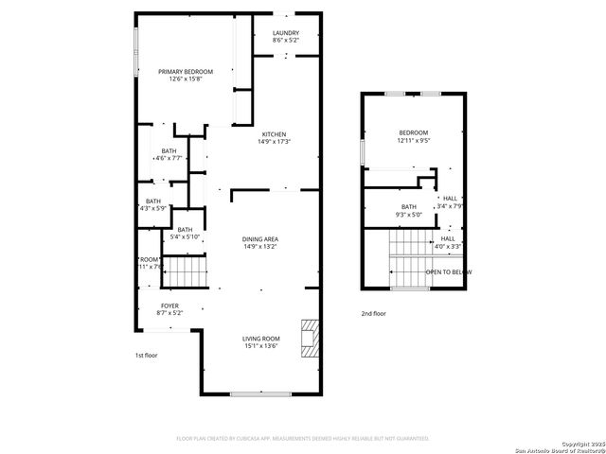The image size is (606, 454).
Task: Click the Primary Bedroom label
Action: [x=186, y=76]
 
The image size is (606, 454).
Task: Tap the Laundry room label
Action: [x=286, y=36]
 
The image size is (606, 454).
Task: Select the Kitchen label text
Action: [x=275, y=138]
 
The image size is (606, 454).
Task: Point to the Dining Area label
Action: [x=260, y=243]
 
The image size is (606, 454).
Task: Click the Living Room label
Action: [x=260, y=342]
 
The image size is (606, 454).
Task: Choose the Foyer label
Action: [x=169, y=309]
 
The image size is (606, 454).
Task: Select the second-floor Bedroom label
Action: [x=413, y=136]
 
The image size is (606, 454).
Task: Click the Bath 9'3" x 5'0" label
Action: [x=409, y=211]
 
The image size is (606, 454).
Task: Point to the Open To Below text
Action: [x=448, y=272]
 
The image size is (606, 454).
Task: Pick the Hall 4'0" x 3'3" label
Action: [x=448, y=242]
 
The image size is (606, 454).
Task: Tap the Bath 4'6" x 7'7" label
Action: [x=169, y=155]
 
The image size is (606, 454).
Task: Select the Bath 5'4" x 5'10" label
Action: [x=185, y=234]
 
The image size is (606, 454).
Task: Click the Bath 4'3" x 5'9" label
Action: [x=151, y=204]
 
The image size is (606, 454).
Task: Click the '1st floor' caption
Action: [x=146, y=356]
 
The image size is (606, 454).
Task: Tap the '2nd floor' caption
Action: [x=373, y=313]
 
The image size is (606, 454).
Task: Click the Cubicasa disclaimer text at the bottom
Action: [x=303, y=439]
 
